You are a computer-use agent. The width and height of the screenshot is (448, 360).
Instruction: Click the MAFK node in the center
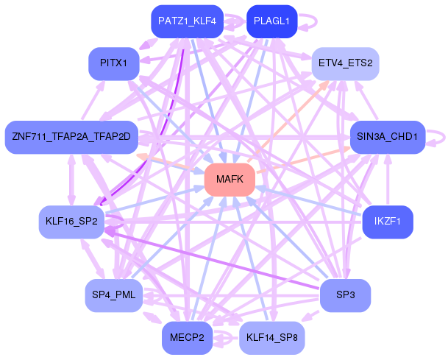pyautogui.click(x=230, y=180)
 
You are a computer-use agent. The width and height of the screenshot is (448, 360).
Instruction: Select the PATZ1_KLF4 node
pyautogui.click(x=186, y=21)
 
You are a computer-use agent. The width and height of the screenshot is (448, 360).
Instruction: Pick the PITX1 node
pyautogui.click(x=113, y=63)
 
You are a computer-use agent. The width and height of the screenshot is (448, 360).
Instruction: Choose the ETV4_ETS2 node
pyautogui.click(x=345, y=63)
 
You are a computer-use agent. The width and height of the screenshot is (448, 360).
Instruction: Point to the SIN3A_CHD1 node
pyautogui.click(x=387, y=137)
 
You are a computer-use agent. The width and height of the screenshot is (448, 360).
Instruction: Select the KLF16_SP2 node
pyautogui.click(x=71, y=222)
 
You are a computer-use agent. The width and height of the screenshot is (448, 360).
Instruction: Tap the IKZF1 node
pyautogui.click(x=387, y=222)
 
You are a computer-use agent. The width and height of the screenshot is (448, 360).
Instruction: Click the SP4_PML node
pyautogui.click(x=113, y=295)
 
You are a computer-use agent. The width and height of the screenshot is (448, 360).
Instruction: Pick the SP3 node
pyautogui.click(x=345, y=295)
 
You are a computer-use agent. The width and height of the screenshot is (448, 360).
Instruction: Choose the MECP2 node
pyautogui.click(x=186, y=337)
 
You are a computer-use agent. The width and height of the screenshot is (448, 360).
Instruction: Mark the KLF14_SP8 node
pyautogui.click(x=271, y=337)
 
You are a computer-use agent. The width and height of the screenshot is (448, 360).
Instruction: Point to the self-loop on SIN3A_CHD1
pyautogui.click(x=439, y=136)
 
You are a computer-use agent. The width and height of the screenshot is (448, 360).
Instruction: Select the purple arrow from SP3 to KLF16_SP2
pyautogui.click(x=221, y=258)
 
